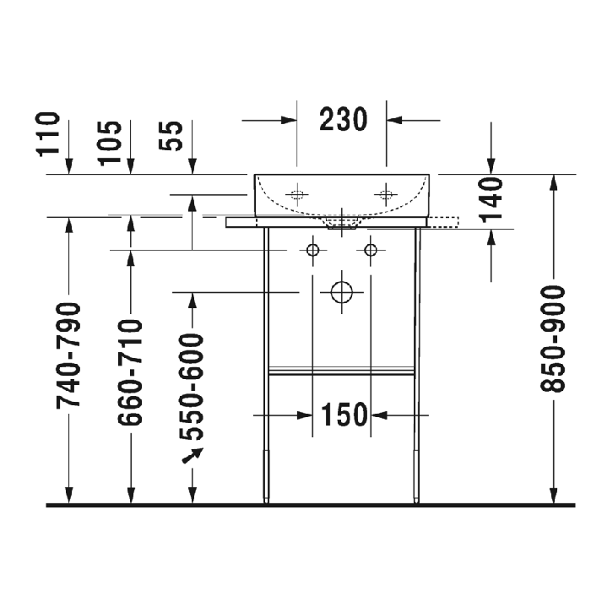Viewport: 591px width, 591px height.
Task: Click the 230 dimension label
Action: (343, 120)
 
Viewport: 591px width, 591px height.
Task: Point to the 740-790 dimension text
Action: (70, 355)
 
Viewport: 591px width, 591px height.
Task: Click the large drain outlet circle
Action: (342, 292)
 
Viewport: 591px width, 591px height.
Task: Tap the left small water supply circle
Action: (313, 250)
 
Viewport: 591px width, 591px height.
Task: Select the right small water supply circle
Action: (370, 250)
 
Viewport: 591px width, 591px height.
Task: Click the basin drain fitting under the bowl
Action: (341, 222)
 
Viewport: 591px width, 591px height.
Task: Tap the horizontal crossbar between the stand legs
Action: (341, 371)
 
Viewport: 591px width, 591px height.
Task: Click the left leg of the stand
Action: (267, 363)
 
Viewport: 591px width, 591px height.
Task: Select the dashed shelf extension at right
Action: (444, 222)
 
